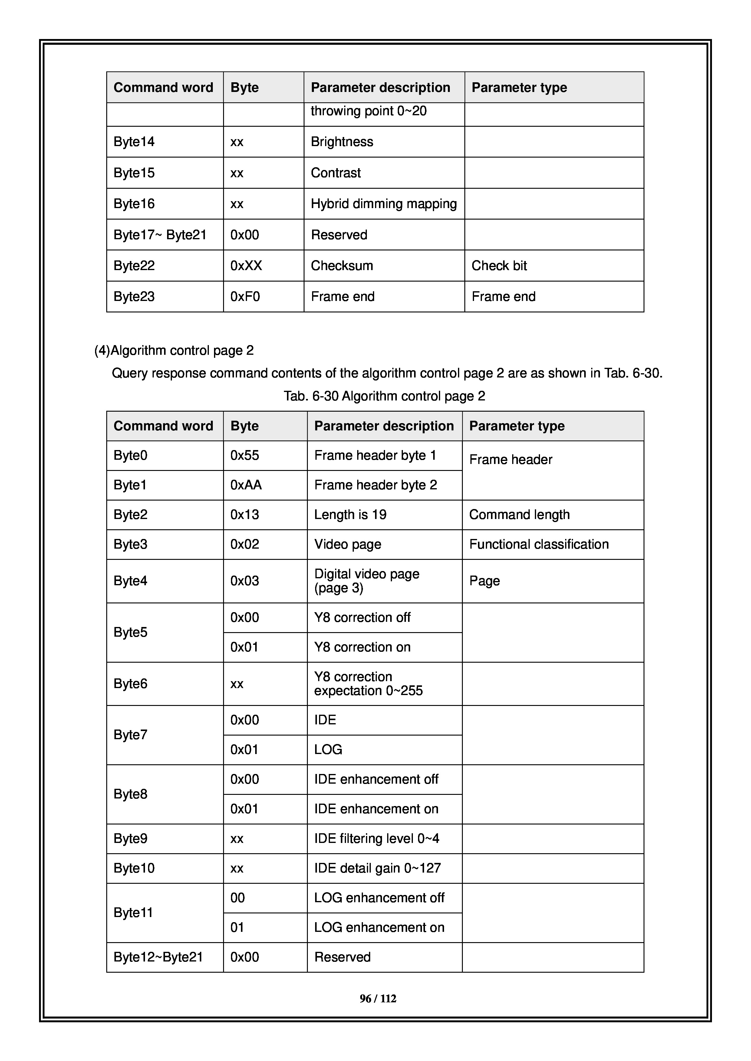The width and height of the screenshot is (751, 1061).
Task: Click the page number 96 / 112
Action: [378, 999]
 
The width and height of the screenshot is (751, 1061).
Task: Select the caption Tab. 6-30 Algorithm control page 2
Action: [384, 396]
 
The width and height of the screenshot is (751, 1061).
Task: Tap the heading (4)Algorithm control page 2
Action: [174, 350]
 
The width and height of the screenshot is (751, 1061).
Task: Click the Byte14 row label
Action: [134, 142]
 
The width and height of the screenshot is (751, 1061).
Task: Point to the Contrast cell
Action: [336, 173]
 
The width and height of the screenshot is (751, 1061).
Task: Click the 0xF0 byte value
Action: [245, 297]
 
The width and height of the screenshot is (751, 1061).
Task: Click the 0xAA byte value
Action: [246, 485]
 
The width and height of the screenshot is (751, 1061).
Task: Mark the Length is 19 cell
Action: [350, 514]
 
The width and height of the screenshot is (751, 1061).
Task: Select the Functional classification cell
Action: [539, 544]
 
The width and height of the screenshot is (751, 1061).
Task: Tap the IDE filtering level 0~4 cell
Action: [377, 838]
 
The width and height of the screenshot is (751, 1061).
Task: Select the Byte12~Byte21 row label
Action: [158, 957]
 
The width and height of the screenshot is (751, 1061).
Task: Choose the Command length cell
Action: [519, 514]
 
